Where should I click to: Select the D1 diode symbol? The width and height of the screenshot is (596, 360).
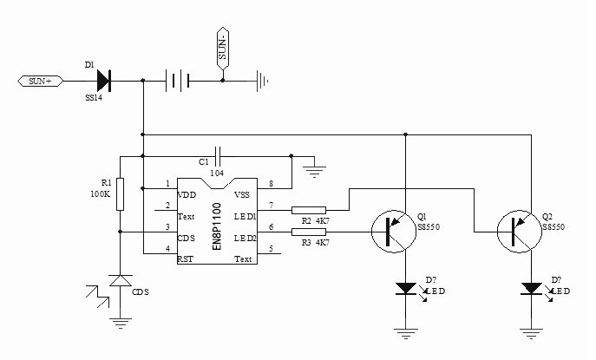102,81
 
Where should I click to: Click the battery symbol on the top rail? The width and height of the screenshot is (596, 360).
177,81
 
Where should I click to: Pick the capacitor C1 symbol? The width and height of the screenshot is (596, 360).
219,156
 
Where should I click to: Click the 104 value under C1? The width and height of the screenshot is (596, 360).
217,173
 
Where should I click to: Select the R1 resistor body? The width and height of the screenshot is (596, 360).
120,194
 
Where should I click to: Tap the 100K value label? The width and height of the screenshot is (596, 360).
101,194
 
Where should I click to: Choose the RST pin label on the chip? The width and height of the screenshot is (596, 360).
186,259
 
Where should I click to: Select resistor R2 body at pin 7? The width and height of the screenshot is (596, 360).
309,209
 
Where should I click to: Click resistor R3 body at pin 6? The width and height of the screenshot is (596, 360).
309,230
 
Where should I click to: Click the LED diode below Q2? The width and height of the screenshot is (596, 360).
530,288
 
